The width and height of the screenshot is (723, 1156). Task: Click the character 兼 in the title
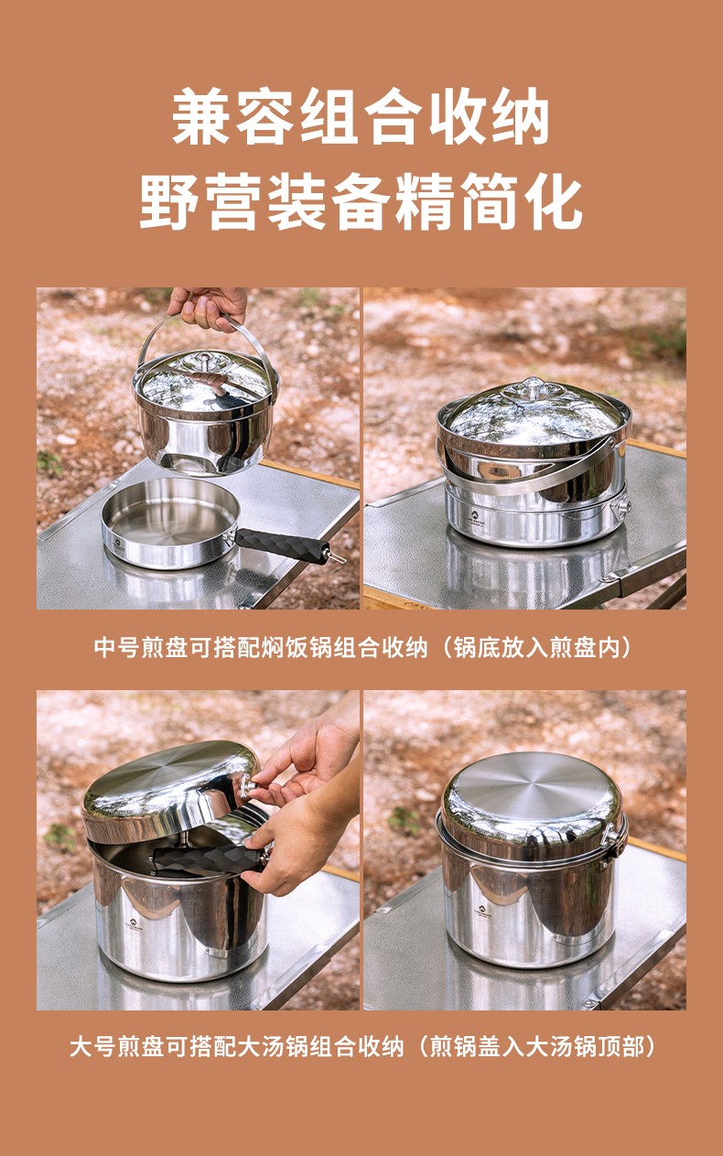click(200, 116)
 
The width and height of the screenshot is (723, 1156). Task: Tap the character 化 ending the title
click(553, 201)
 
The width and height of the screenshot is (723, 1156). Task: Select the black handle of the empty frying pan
click(282, 545)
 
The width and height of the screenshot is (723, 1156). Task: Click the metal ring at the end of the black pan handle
click(338, 556)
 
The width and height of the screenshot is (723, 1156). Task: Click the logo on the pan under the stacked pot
click(475, 515)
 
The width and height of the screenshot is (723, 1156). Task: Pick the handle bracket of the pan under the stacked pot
click(620, 507)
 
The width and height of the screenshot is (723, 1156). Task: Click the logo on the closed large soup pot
click(482, 910)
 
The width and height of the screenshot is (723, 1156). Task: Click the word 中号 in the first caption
click(116, 648)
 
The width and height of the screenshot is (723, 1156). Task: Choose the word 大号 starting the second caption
click(92, 1046)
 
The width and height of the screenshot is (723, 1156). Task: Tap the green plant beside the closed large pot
click(405, 821)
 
